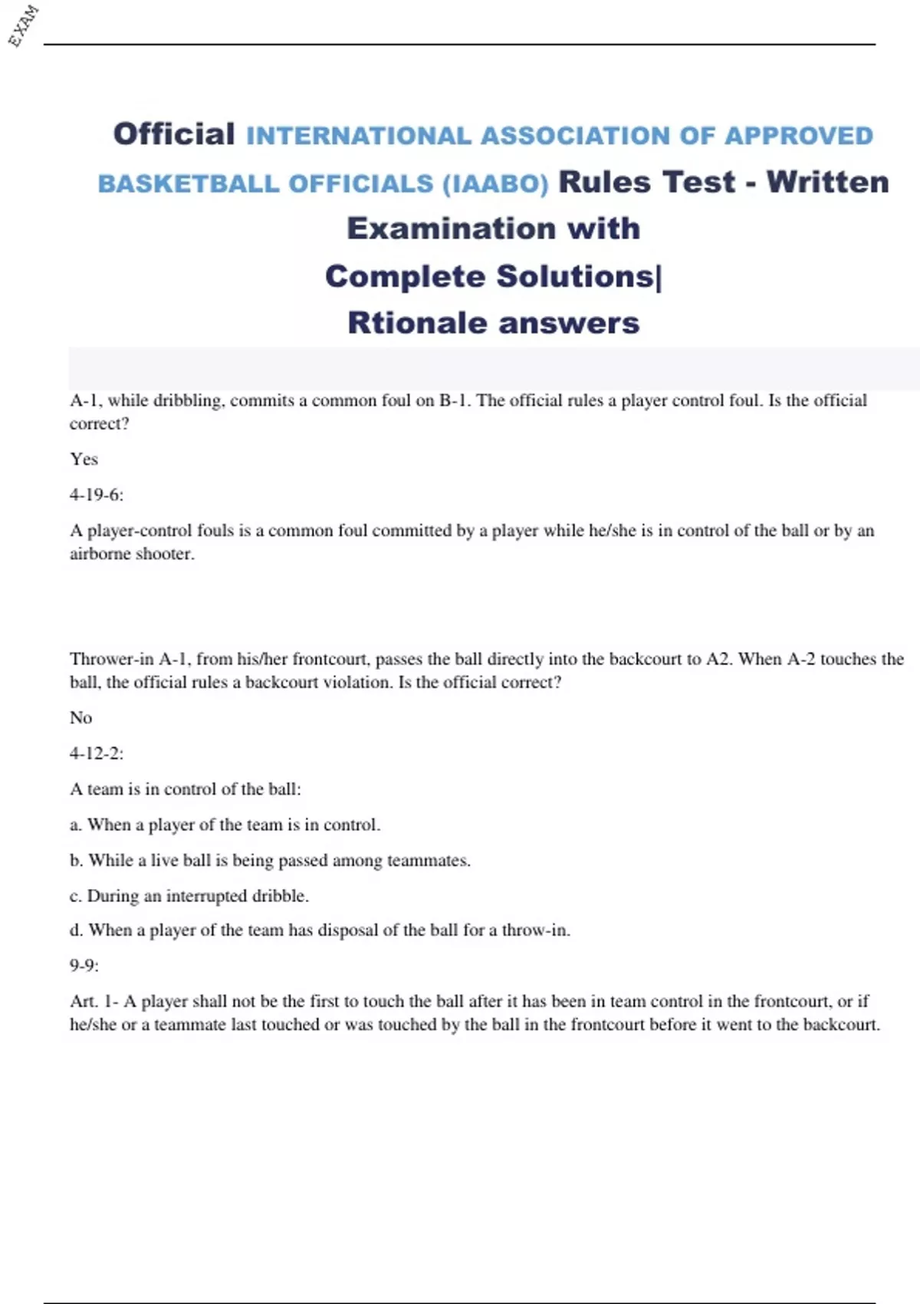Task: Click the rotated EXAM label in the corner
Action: click(23, 25)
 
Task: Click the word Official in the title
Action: click(174, 134)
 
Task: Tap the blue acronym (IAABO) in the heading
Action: click(495, 184)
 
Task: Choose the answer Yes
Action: click(84, 459)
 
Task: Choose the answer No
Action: click(80, 717)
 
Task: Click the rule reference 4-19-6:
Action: click(97, 495)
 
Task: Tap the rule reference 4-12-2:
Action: click(97, 753)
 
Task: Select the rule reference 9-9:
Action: click(84, 965)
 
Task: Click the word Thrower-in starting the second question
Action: click(112, 659)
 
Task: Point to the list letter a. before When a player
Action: click(75, 825)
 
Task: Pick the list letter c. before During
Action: click(75, 896)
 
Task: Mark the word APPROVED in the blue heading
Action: click(799, 136)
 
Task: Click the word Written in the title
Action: click(828, 182)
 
